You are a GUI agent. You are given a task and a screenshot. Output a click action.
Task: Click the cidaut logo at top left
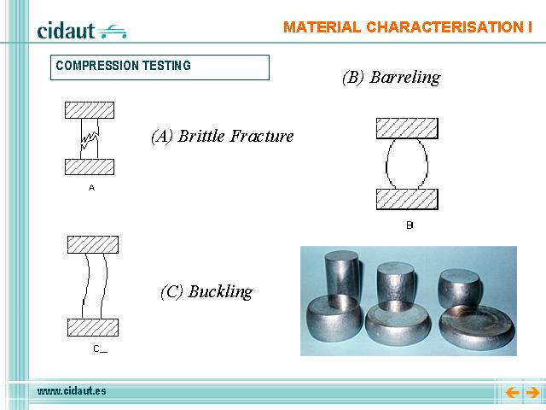82,31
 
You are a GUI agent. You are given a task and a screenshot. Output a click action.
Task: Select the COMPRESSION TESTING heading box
160,67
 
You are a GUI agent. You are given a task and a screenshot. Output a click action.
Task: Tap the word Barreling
405,78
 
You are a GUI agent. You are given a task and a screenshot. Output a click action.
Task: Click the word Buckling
220,292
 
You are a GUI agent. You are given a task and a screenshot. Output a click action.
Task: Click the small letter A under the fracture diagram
91,188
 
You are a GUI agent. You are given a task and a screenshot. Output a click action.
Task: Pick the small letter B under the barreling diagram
409,225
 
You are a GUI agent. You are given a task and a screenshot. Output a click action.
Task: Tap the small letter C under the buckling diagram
96,348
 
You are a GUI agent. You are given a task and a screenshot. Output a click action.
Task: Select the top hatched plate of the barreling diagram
407,128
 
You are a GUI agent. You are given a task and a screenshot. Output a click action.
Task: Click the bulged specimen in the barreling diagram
407,164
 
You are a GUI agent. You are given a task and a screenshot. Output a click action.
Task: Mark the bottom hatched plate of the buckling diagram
93,327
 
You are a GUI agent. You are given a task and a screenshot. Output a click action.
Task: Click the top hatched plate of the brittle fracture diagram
90,110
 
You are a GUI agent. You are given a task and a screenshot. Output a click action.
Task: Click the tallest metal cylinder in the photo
341,274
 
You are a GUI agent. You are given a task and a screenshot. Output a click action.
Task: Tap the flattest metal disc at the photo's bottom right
477,326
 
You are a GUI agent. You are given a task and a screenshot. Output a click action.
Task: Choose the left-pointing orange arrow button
512,393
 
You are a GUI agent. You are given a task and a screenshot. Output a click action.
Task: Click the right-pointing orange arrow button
532,393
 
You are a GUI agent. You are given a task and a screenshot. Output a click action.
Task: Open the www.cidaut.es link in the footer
72,391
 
